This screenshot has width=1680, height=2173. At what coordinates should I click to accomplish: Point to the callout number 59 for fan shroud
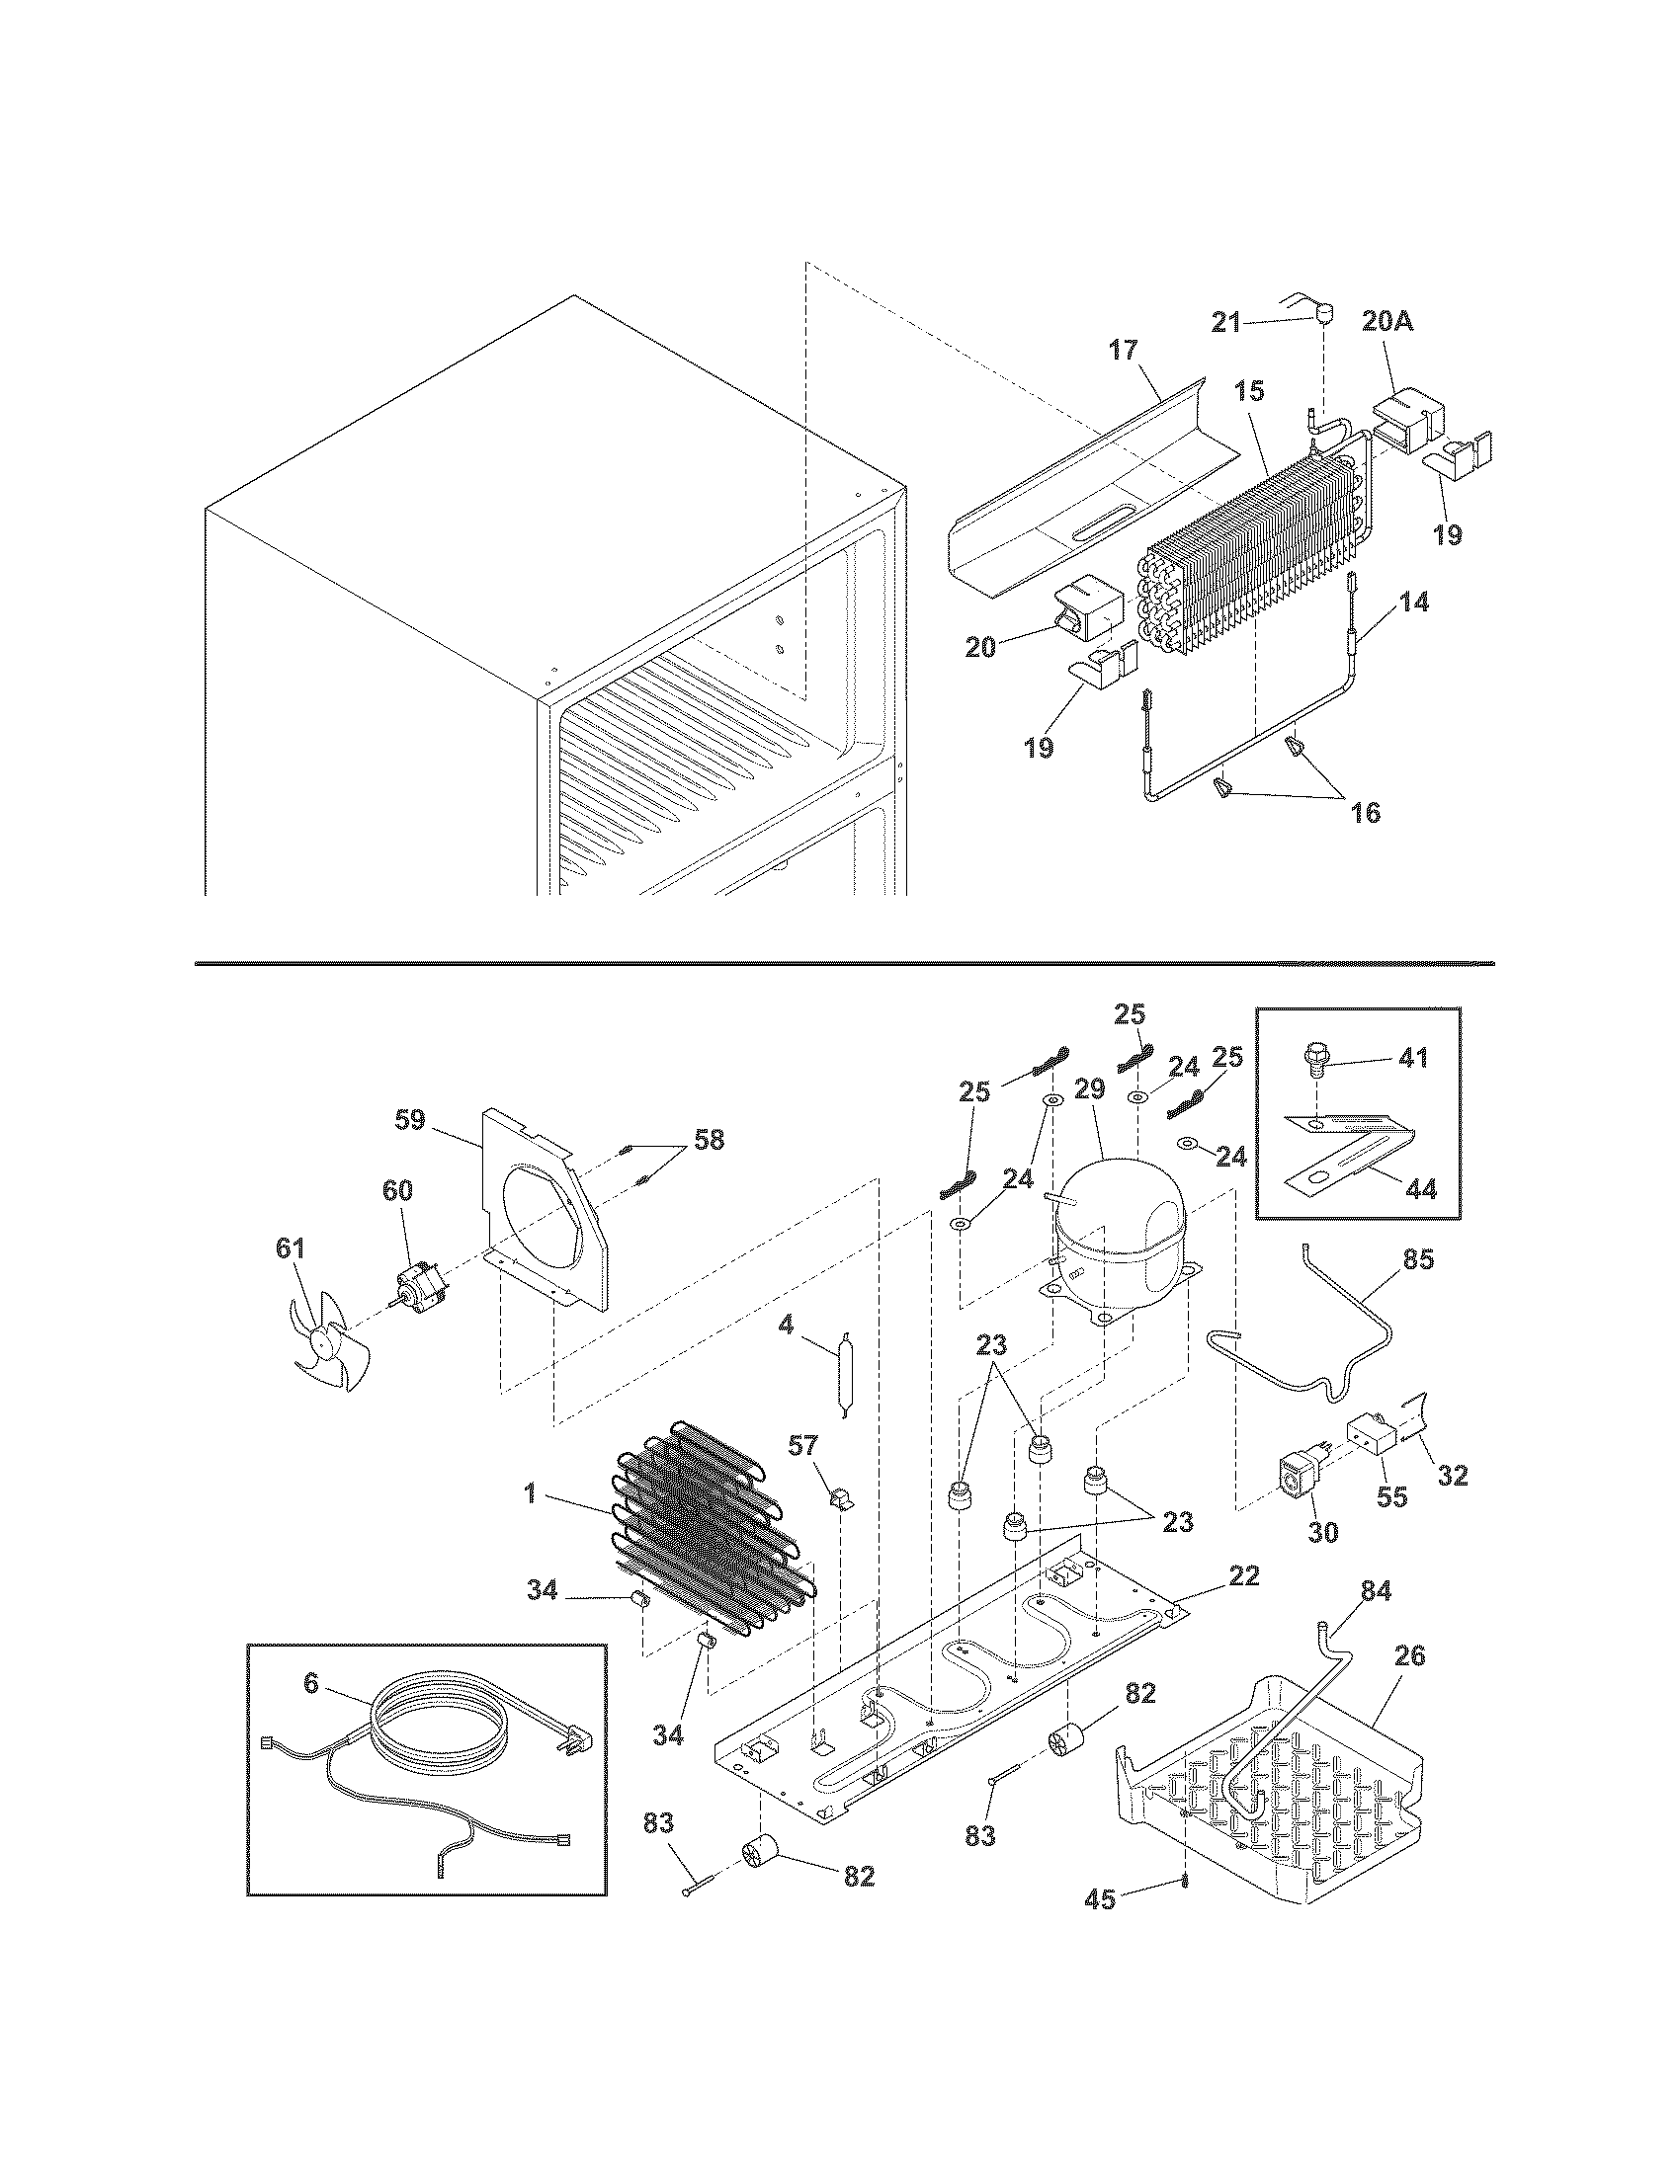410,1120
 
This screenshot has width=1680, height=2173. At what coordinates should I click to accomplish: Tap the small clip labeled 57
838,1523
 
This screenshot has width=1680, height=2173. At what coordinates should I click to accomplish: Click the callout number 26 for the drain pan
1409,1655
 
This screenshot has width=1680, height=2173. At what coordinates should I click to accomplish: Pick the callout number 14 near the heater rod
1414,602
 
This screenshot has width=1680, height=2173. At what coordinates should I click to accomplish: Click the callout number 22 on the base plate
1244,1575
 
